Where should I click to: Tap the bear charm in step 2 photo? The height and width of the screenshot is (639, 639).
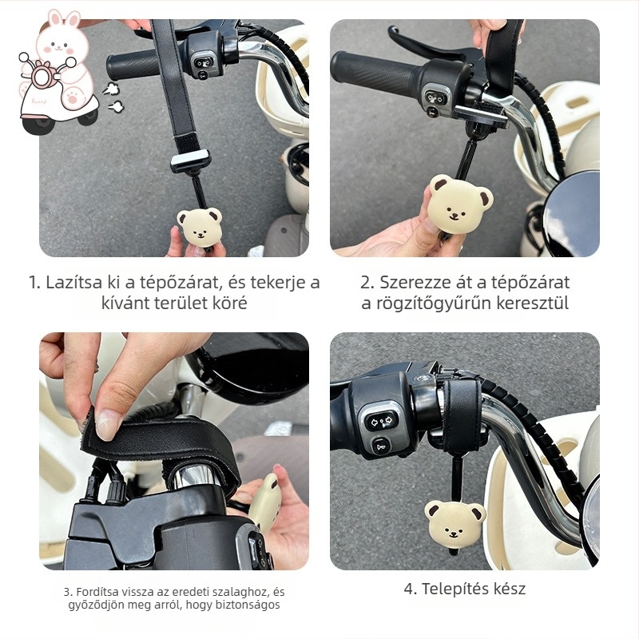460,204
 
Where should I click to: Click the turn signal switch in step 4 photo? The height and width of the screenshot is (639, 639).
382,421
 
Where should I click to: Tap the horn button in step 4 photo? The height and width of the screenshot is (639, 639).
382,447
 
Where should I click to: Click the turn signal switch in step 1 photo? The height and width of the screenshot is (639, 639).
203,63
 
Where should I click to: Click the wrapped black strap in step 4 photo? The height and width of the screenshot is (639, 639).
462,416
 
